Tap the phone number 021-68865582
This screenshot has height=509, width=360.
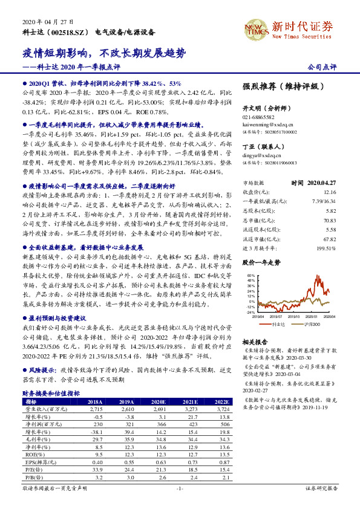click(258, 117)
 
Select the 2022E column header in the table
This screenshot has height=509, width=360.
click(222, 402)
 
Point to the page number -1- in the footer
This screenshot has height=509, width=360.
click(180, 487)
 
